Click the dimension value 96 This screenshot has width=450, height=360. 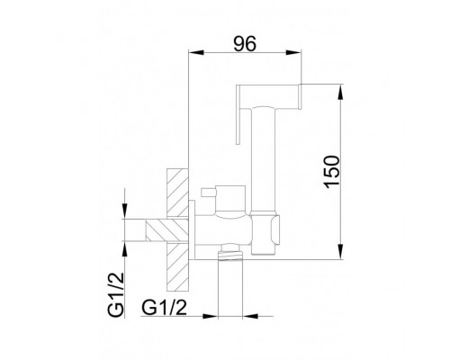(245, 44)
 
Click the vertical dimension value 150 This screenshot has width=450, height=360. (332, 172)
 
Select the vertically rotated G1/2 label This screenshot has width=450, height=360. (116, 291)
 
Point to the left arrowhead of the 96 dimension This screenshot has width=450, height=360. (196, 52)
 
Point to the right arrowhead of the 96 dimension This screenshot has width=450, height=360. (292, 52)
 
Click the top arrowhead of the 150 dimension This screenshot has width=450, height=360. (340, 92)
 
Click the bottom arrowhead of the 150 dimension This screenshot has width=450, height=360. (340, 251)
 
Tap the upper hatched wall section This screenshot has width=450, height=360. (177, 193)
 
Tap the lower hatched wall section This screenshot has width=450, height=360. (177, 267)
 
